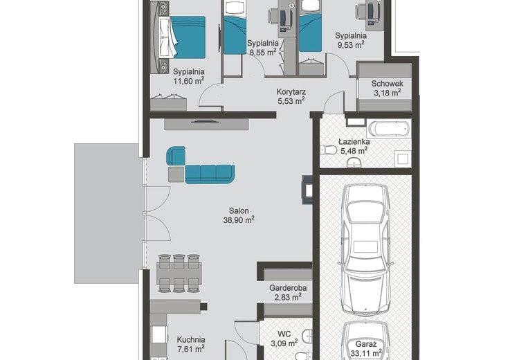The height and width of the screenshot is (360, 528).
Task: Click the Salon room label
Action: pos(239,211)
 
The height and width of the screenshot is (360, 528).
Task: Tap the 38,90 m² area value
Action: pos(239,220)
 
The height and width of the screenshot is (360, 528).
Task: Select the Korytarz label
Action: pos(291,91)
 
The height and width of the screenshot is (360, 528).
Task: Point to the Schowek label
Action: pos(387,84)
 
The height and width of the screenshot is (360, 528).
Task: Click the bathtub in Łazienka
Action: pos(389,129)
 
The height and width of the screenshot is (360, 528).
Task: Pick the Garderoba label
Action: pos(288,288)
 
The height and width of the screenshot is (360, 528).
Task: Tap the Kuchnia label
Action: pos(191,339)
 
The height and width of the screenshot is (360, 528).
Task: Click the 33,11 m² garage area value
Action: pos(366,353)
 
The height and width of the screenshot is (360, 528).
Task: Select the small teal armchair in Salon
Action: pos(176,156)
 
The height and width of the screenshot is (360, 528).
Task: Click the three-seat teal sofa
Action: pos(210,174)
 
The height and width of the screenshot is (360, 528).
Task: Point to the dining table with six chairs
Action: pos(179,273)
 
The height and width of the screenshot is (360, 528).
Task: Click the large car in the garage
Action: pos(365,249)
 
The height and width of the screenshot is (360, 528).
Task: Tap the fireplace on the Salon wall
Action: pos(307,189)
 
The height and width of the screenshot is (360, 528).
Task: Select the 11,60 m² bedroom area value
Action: pos(189,81)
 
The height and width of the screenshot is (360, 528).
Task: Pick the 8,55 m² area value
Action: pos(263,52)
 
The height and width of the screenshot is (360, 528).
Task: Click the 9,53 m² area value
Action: pos(351,44)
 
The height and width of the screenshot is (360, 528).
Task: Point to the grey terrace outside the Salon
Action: pos(107,213)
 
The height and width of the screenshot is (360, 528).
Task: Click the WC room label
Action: pos(284,334)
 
